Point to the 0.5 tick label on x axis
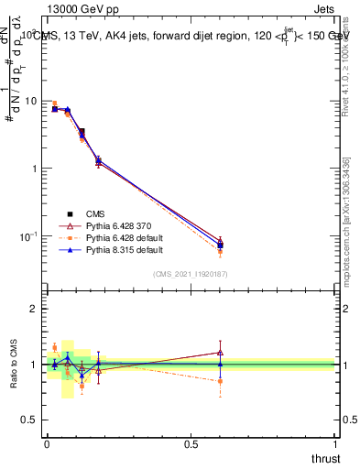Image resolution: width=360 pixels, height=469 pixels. coord(191,443)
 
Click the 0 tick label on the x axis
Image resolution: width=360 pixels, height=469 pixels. coord(47,443)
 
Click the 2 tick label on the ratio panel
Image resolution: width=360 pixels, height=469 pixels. coord(34,310)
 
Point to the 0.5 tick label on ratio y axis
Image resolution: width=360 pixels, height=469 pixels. coord(29,420)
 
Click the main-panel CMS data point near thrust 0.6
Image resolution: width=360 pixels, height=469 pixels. coord(220,245)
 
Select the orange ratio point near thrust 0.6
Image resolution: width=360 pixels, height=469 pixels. coord(220,381)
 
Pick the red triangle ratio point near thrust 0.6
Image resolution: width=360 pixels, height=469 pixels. coord(220,352)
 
